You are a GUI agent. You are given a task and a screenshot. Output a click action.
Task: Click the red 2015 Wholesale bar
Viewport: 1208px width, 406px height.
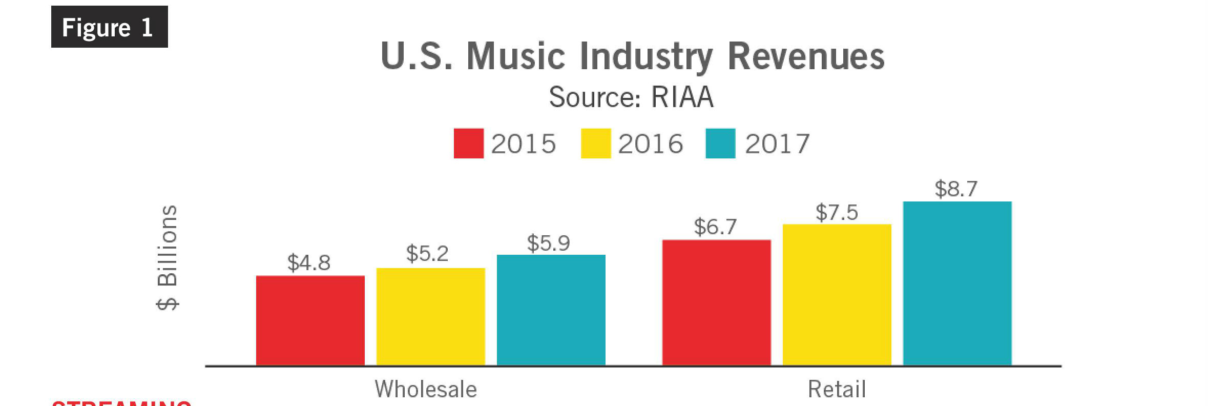310,320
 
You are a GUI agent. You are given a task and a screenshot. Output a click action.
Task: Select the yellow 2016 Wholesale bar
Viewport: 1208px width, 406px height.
431,316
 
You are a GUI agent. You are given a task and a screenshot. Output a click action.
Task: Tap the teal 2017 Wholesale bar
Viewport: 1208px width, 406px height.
551,310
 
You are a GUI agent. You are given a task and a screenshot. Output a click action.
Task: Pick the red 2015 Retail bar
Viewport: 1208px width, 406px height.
717,302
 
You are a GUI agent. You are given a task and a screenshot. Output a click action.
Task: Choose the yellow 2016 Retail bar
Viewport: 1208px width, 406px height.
837,295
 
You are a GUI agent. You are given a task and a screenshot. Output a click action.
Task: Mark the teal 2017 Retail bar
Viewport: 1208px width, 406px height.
957,283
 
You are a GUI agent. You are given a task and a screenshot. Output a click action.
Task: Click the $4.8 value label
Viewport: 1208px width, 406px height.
309,262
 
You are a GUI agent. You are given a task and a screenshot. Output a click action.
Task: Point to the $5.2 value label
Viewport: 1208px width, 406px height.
427,253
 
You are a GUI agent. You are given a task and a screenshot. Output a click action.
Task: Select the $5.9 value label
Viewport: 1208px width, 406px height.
548,243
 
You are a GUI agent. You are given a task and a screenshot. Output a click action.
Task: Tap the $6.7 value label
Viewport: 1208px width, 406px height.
715,227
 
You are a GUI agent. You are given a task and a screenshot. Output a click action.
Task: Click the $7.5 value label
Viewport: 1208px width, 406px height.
837,212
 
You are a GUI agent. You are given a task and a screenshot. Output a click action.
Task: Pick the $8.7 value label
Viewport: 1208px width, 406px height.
956,189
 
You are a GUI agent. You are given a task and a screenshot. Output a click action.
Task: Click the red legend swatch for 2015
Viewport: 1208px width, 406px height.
468,144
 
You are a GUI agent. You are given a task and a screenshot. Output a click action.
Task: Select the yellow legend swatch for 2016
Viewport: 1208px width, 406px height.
595,144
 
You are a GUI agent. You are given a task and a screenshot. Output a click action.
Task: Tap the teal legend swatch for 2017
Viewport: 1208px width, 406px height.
720,144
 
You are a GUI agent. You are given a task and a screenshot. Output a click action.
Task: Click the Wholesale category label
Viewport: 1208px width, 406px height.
426,389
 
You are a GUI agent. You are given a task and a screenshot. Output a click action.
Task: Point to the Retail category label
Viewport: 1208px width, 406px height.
837,389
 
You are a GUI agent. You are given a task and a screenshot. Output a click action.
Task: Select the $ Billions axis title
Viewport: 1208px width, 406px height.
168,257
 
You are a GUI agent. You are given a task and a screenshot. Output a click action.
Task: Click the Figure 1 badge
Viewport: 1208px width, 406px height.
109,27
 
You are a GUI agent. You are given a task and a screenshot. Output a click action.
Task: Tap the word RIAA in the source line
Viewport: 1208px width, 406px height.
682,97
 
